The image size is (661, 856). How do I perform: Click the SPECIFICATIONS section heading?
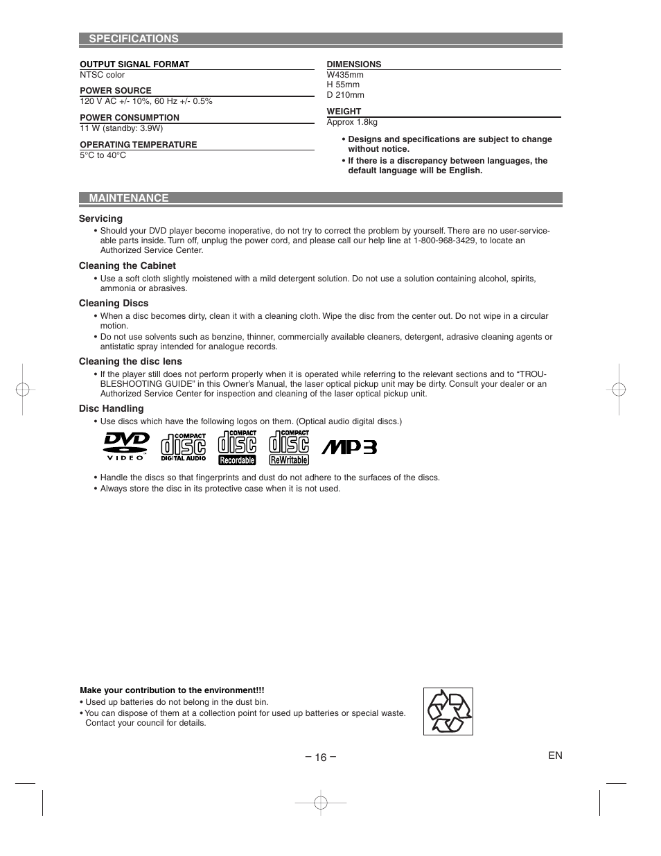coord(133,39)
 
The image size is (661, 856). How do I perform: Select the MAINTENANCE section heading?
coord(128,198)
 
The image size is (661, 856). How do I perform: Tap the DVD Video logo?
coord(126,446)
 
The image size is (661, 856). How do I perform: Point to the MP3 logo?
coord(349,447)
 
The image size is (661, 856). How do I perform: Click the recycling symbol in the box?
coord(448,711)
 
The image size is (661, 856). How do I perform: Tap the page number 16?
coord(319,757)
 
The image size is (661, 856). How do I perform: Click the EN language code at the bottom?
coord(555,755)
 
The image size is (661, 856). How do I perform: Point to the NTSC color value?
coord(103,75)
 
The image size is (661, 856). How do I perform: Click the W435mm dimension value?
coord(345,75)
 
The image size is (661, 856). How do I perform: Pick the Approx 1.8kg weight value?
coord(352,122)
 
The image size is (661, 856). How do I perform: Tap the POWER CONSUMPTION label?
coord(130,118)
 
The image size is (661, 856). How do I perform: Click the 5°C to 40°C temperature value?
coord(103,155)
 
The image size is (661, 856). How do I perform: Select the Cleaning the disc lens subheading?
coord(130,361)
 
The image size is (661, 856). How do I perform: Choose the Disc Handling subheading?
coord(111,409)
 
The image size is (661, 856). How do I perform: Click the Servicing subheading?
coord(100,218)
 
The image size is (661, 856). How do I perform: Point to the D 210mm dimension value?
coord(345,95)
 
